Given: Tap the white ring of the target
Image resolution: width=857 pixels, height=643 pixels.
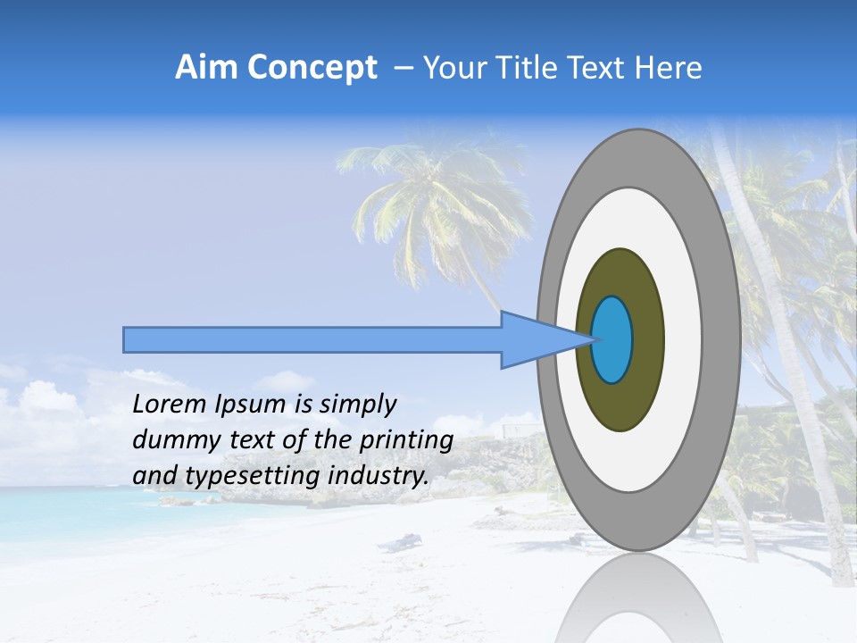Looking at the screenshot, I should tap(683, 340).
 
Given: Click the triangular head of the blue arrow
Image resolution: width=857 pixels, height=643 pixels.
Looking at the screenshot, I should tap(536, 340).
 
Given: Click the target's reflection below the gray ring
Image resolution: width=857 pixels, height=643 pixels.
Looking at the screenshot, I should tap(637, 603).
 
